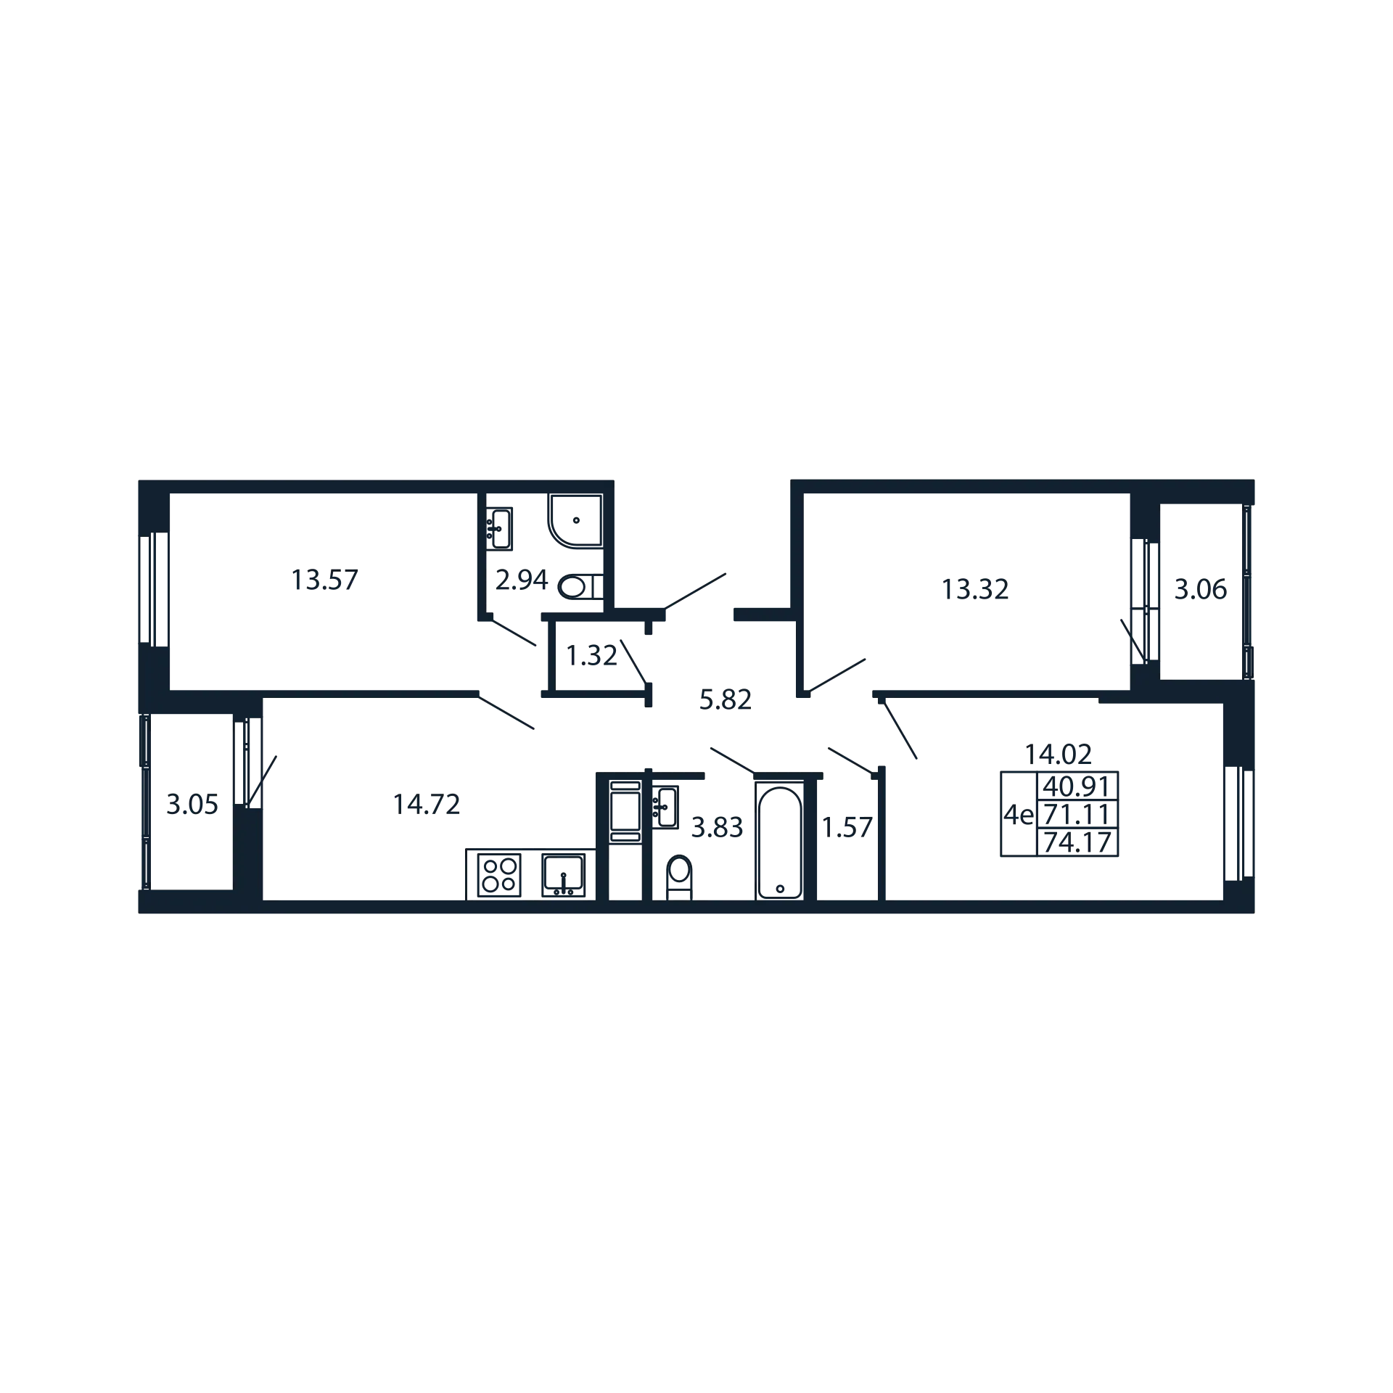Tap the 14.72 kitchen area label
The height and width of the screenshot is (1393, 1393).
pyautogui.click(x=428, y=806)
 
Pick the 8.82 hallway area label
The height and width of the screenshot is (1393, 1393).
pyautogui.click(x=715, y=701)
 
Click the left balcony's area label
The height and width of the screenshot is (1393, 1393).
pyautogui.click(x=192, y=806)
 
